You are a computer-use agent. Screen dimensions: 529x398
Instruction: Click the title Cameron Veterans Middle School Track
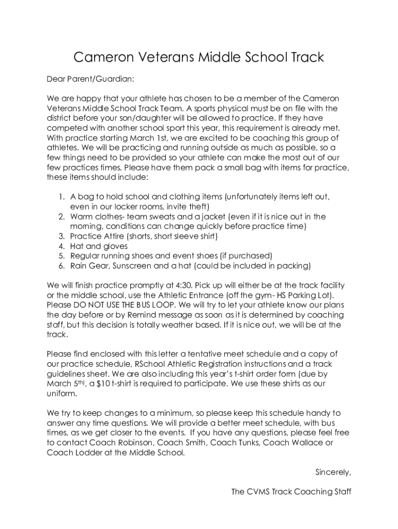coord(198,57)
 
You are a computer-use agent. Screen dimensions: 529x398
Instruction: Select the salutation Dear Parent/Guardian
coord(90,79)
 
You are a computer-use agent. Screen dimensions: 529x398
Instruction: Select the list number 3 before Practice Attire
coord(60,236)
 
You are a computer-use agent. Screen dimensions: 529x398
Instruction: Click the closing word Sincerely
coord(333,472)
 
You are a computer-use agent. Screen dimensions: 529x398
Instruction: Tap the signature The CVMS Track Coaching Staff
coord(291,492)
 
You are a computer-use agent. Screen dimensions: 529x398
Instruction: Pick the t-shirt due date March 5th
coord(65,383)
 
